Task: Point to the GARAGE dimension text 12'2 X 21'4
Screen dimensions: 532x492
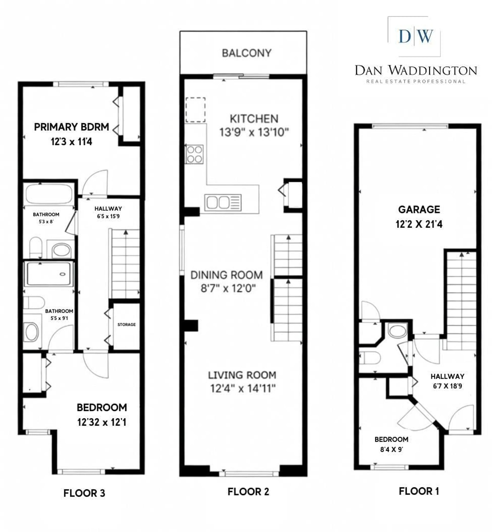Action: [419, 224]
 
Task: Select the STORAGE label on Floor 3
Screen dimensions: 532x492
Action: [126, 325]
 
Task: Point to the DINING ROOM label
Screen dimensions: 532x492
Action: [227, 275]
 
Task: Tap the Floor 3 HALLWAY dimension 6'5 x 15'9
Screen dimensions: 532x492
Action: [108, 216]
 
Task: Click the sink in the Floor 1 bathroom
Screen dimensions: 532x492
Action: [397, 331]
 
